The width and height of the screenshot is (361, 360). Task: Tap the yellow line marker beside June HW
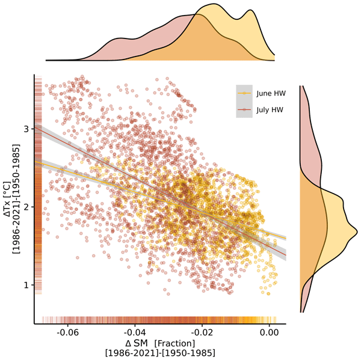244,94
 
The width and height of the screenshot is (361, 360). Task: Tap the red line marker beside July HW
244,110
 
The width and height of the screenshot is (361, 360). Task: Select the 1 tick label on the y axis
26,284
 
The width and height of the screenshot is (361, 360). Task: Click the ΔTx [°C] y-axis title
8,198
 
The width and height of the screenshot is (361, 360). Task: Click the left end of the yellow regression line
35,160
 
